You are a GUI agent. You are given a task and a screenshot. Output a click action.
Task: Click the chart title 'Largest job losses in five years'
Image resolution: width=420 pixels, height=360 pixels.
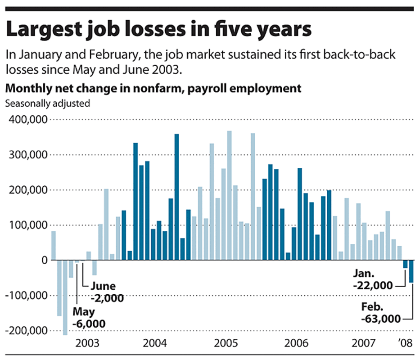tap(159, 30)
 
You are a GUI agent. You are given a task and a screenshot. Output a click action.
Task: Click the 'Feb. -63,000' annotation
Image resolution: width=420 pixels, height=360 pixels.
tap(380, 313)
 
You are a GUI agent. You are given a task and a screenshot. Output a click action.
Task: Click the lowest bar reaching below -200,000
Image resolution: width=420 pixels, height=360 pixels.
tap(65, 297)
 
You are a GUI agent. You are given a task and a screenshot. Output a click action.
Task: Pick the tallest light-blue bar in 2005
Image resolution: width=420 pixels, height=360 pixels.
tap(230, 196)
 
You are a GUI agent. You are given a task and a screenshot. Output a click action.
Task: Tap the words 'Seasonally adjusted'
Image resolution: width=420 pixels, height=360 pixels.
tap(47, 103)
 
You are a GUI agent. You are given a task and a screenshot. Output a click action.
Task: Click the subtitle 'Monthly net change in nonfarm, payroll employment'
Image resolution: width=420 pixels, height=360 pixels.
tap(153, 88)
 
